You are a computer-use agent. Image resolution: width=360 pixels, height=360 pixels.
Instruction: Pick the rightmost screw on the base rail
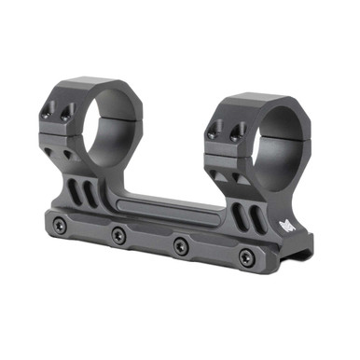coord(245,257)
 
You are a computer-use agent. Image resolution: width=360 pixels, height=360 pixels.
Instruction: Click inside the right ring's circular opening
coord(270,149)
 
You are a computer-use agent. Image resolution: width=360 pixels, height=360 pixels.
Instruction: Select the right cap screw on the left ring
coord(69,117)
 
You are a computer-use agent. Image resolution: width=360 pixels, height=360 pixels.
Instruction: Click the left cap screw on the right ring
coord(214,130)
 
